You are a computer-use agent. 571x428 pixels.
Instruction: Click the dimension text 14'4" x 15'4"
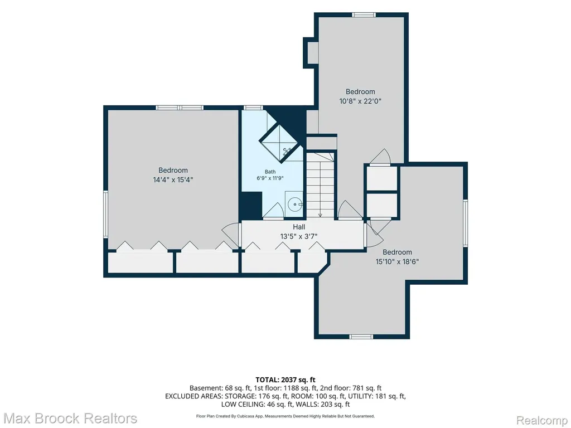[x=173, y=179]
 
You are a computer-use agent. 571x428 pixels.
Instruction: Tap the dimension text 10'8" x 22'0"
[x=360, y=101]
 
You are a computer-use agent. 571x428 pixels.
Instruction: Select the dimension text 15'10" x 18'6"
[x=397, y=261]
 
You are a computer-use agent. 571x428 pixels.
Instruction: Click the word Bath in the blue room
[x=270, y=172]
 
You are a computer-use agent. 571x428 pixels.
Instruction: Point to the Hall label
[x=299, y=227]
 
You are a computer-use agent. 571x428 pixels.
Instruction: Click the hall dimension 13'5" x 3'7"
[x=299, y=236]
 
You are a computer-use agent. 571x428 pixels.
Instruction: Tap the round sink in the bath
[x=295, y=205]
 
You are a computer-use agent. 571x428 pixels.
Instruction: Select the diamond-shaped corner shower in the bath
[x=281, y=141]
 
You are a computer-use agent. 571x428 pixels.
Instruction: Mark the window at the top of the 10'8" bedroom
[x=364, y=14]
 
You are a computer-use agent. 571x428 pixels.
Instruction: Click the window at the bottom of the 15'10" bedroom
[x=361, y=337]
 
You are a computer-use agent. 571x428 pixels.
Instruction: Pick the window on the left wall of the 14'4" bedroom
[x=105, y=215]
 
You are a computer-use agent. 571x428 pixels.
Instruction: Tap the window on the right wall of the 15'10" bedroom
[x=466, y=223]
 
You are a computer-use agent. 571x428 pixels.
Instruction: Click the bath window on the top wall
[x=253, y=108]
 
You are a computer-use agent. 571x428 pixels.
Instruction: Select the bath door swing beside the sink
[x=273, y=211]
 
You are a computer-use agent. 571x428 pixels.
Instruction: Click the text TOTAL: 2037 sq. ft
[x=285, y=380]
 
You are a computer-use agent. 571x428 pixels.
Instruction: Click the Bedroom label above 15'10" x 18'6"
[x=397, y=252]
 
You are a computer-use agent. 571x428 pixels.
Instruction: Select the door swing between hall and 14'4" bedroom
[x=231, y=234]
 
